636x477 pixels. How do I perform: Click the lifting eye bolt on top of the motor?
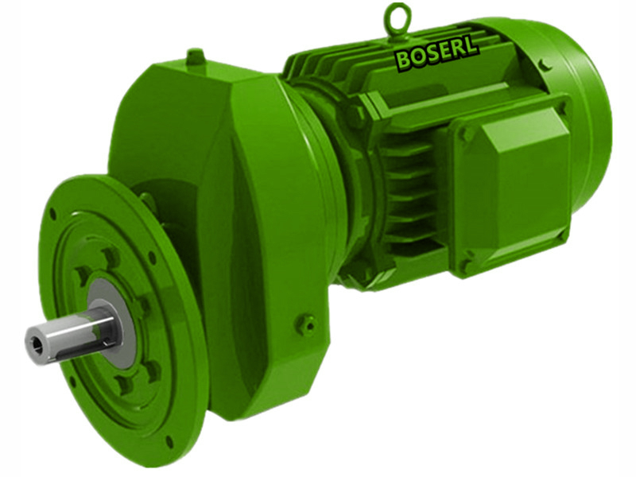[397, 17]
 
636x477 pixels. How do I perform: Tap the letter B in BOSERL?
[404, 58]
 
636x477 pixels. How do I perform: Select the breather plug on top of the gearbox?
[196, 58]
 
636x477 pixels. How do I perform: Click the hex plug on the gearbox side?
[305, 324]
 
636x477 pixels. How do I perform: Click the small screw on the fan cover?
[543, 62]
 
